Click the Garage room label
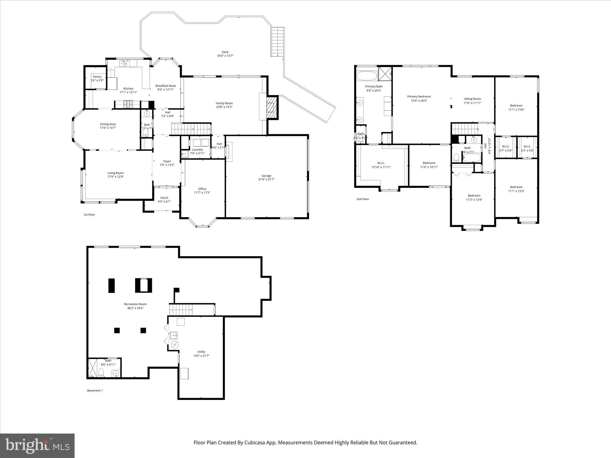[x=266, y=176]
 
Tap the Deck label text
[x=225, y=52]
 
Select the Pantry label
[x=97, y=77]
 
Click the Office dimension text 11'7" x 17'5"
[x=202, y=193]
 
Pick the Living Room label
[x=115, y=173]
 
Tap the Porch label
[x=164, y=198]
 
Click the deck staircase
[x=277, y=41]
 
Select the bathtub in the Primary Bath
[x=367, y=76]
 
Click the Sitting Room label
[x=472, y=99]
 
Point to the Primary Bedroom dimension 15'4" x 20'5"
[x=419, y=100]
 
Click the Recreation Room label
[x=135, y=304]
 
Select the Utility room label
[x=201, y=352]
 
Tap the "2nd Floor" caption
[x=362, y=199]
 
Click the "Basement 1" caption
[x=95, y=390]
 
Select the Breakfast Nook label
[x=166, y=86]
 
